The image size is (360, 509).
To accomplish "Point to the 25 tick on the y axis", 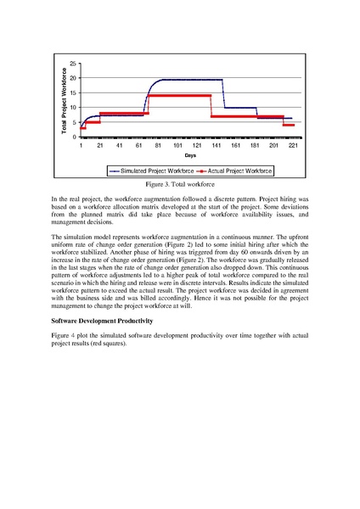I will [73, 64].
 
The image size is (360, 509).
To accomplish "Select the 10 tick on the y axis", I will [73, 108].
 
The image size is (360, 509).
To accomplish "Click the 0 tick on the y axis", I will [75, 137].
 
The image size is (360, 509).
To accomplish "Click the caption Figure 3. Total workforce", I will [180, 183].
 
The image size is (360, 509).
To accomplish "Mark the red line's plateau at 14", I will [178, 96].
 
